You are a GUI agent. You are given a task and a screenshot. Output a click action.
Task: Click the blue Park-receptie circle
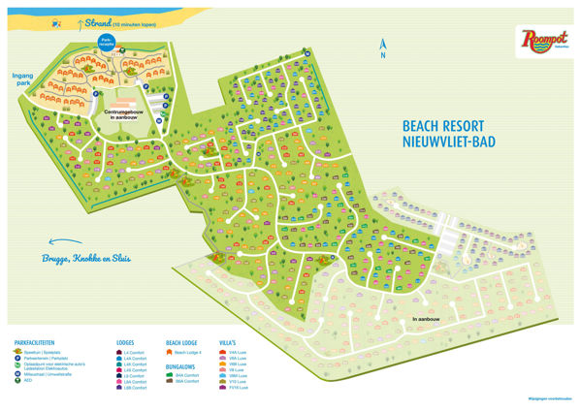108,43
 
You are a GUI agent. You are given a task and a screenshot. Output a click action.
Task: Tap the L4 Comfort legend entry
135,354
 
